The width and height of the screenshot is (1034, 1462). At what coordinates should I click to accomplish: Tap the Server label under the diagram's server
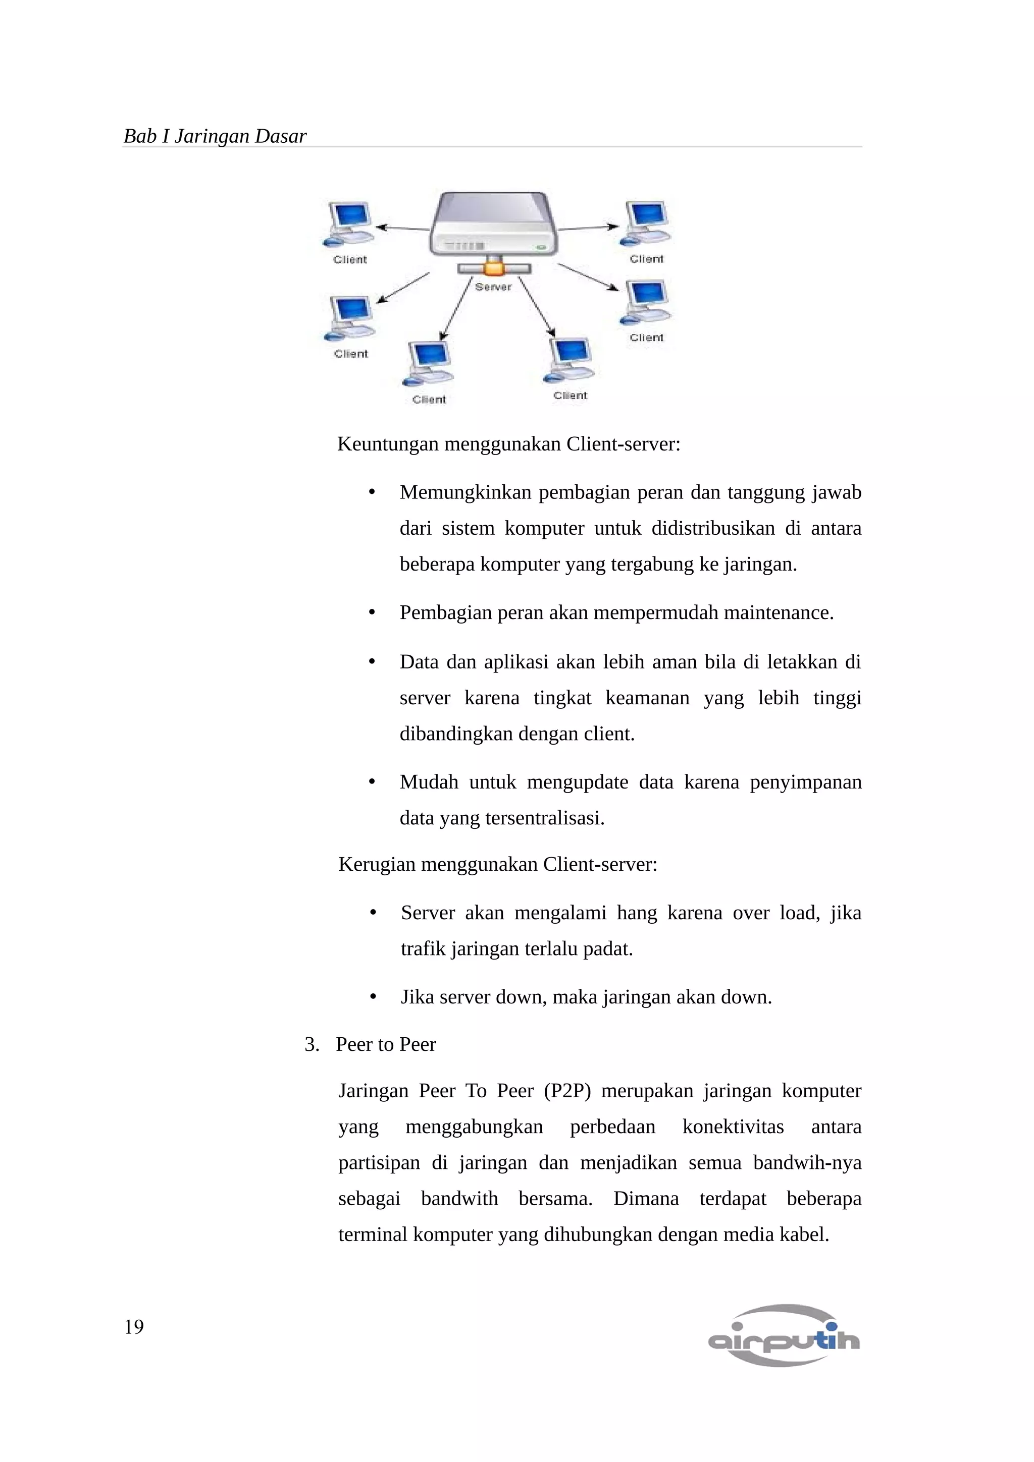pos(493,287)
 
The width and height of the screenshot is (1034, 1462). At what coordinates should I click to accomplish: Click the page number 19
pos(134,1326)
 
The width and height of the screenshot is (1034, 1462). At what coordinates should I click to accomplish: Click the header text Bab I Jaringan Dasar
pos(215,136)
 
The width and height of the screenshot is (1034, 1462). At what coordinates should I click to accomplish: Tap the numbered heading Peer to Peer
pos(385,1044)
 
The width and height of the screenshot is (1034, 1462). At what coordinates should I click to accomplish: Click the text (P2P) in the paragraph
pos(567,1091)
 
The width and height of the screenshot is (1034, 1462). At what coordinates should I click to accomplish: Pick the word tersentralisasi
pos(545,818)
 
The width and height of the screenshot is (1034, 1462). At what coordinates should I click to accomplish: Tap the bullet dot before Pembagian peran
pos(373,612)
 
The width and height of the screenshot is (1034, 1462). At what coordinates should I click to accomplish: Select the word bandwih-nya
pos(807,1163)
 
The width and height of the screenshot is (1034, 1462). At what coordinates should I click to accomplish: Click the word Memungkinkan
pos(465,492)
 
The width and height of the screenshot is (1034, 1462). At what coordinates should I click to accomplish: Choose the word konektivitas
pos(733,1127)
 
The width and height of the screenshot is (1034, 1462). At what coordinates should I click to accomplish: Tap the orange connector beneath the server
pos(493,266)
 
